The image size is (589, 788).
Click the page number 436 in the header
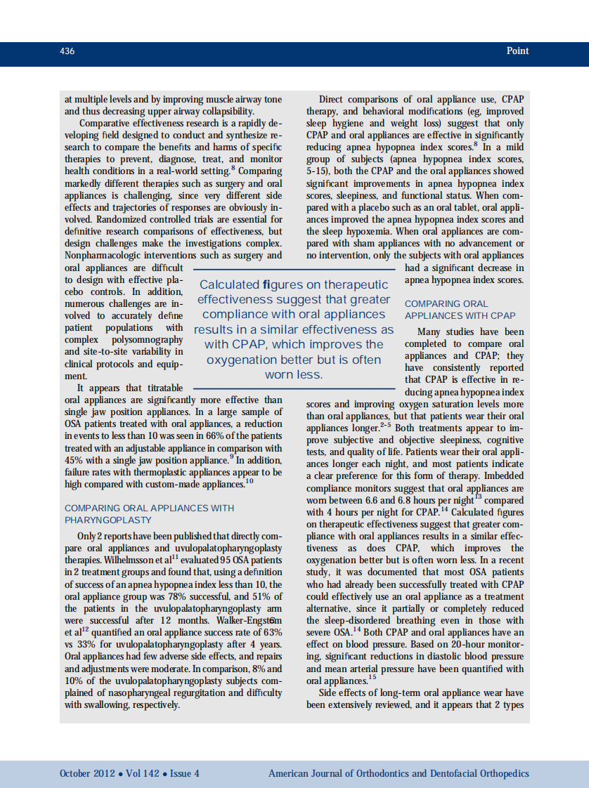(x=67, y=51)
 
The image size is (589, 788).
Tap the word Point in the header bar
(x=517, y=51)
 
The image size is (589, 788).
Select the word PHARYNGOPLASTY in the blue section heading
(x=108, y=520)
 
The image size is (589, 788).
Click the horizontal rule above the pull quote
(x=294, y=268)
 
